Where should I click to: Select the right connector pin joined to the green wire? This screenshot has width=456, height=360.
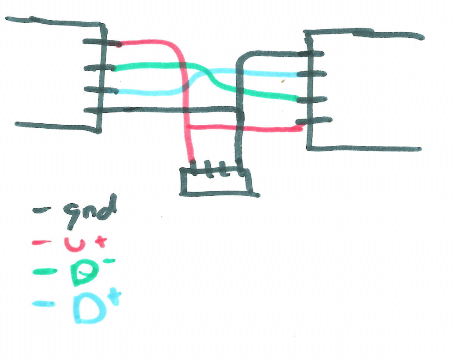[x=314, y=100]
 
